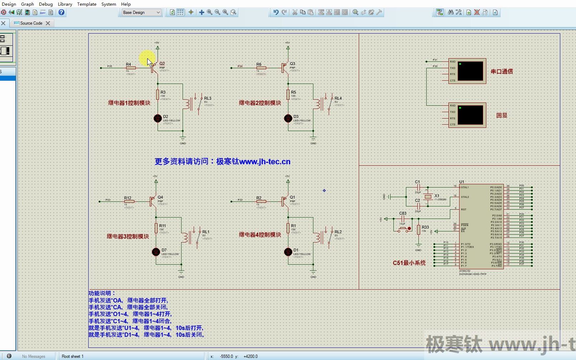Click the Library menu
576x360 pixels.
click(x=65, y=4)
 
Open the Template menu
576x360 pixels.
click(x=86, y=4)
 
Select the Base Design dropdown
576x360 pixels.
click(x=141, y=12)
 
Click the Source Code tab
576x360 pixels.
click(x=31, y=23)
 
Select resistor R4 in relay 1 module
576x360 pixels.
click(x=131, y=67)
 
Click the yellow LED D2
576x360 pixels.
click(x=158, y=119)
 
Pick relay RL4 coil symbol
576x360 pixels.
click(x=317, y=104)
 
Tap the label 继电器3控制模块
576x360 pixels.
click(x=128, y=236)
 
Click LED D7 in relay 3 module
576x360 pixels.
click(x=156, y=252)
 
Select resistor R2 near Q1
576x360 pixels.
click(x=261, y=201)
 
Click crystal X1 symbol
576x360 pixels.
click(x=428, y=197)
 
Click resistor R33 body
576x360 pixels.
click(x=418, y=230)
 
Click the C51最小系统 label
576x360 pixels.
click(x=409, y=263)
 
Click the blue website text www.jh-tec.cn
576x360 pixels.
click(x=265, y=162)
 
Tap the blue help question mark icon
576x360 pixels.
click(x=61, y=12)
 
